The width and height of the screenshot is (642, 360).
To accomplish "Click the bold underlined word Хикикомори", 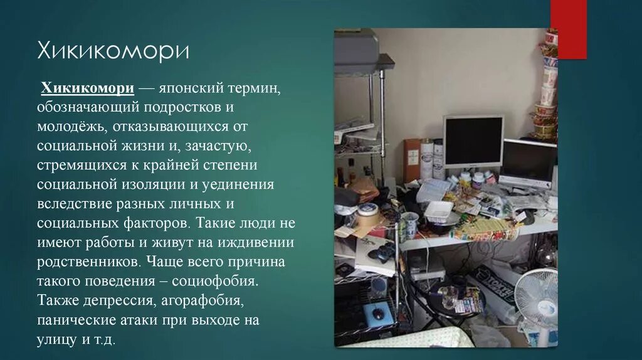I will (87, 88).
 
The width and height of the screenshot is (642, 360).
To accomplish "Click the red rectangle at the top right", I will (568, 29).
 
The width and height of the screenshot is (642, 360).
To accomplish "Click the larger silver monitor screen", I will (473, 141).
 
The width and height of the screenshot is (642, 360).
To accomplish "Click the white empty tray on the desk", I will (439, 211).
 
